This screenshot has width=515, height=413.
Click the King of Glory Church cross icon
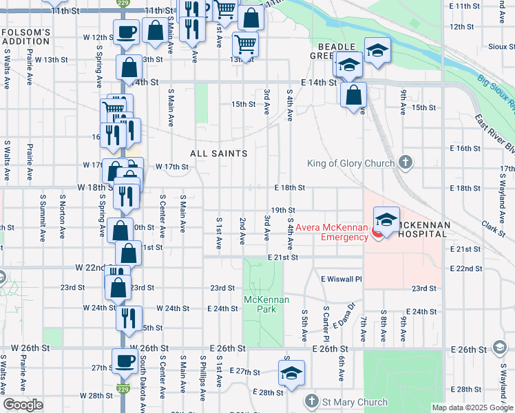(406, 163)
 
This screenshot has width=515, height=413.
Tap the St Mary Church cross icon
(312, 401)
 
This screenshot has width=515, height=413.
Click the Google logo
(23, 405)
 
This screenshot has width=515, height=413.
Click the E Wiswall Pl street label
(341, 278)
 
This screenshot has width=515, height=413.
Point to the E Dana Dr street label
(345, 315)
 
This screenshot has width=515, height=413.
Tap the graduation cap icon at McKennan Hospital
(386, 220)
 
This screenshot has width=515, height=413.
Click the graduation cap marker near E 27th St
(291, 373)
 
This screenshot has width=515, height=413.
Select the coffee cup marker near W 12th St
(126, 32)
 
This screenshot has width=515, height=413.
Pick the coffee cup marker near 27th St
(125, 361)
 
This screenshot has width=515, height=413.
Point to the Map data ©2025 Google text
(472, 407)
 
